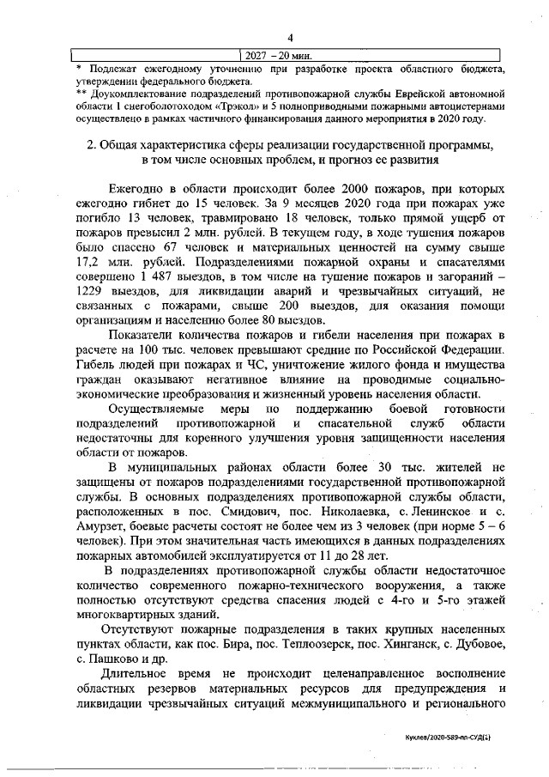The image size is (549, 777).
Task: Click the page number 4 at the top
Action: click(291, 36)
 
